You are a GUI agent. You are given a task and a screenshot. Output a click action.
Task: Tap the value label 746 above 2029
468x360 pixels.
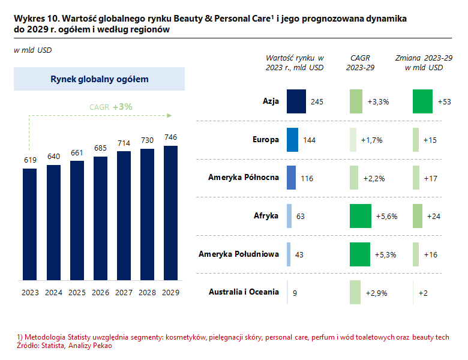point(171,137)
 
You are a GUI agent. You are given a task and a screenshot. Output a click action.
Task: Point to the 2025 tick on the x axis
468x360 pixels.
point(77,293)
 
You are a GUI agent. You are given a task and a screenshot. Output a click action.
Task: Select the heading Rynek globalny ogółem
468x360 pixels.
point(99,79)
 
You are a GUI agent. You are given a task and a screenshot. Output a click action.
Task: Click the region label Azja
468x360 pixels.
point(271,101)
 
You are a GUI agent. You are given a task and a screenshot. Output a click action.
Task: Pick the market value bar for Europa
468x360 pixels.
point(293,140)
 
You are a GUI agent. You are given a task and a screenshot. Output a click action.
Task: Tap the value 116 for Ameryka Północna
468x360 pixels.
point(307,178)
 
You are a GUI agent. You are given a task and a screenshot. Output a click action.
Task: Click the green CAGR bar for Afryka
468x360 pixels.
point(361,216)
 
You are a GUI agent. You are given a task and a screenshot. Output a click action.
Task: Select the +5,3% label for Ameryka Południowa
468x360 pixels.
point(386,254)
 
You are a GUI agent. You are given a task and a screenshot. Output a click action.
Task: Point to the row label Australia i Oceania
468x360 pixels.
point(244,292)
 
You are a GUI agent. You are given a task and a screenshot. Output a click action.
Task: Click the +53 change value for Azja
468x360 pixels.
point(445,101)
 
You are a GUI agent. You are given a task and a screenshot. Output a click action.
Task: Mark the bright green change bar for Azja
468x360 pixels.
point(423,101)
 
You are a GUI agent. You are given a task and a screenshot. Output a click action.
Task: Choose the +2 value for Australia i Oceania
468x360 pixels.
point(423,293)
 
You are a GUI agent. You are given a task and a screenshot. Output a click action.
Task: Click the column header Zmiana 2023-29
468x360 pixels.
point(424,58)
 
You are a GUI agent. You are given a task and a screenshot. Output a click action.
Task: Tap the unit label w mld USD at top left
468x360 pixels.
point(32,50)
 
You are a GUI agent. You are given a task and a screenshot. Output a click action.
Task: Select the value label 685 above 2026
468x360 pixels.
point(100,148)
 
